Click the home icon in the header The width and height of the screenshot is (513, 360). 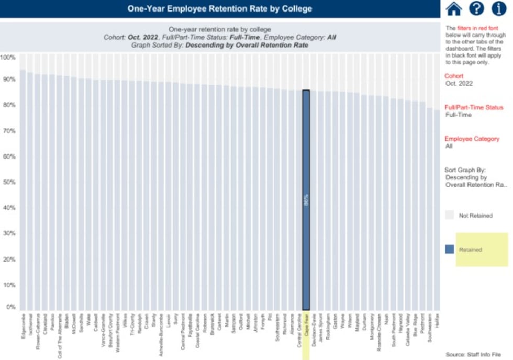[x=454, y=8]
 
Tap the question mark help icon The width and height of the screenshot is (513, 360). [x=476, y=8]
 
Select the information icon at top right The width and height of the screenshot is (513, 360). [x=499, y=8]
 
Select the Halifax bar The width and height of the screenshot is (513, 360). [x=436, y=209]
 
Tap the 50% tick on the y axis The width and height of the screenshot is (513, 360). [x=10, y=182]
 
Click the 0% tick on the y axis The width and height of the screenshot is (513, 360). [x=10, y=307]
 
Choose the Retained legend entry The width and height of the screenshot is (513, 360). [x=470, y=250]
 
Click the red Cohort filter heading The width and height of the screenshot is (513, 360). [x=454, y=76]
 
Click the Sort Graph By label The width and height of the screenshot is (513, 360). [x=465, y=170]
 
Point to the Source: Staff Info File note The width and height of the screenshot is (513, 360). [x=476, y=354]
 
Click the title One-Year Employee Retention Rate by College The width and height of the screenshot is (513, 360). [x=220, y=8]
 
